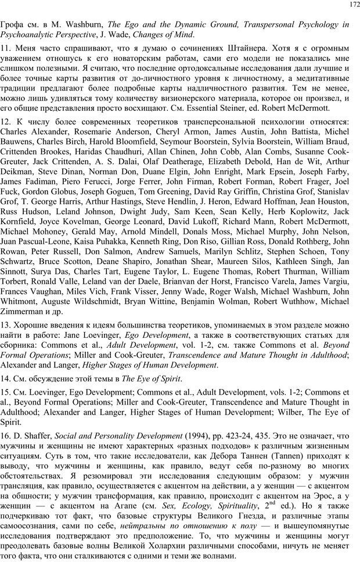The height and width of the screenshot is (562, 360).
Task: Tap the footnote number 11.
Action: coord(6,47)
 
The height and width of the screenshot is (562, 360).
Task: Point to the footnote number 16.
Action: coord(6,435)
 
